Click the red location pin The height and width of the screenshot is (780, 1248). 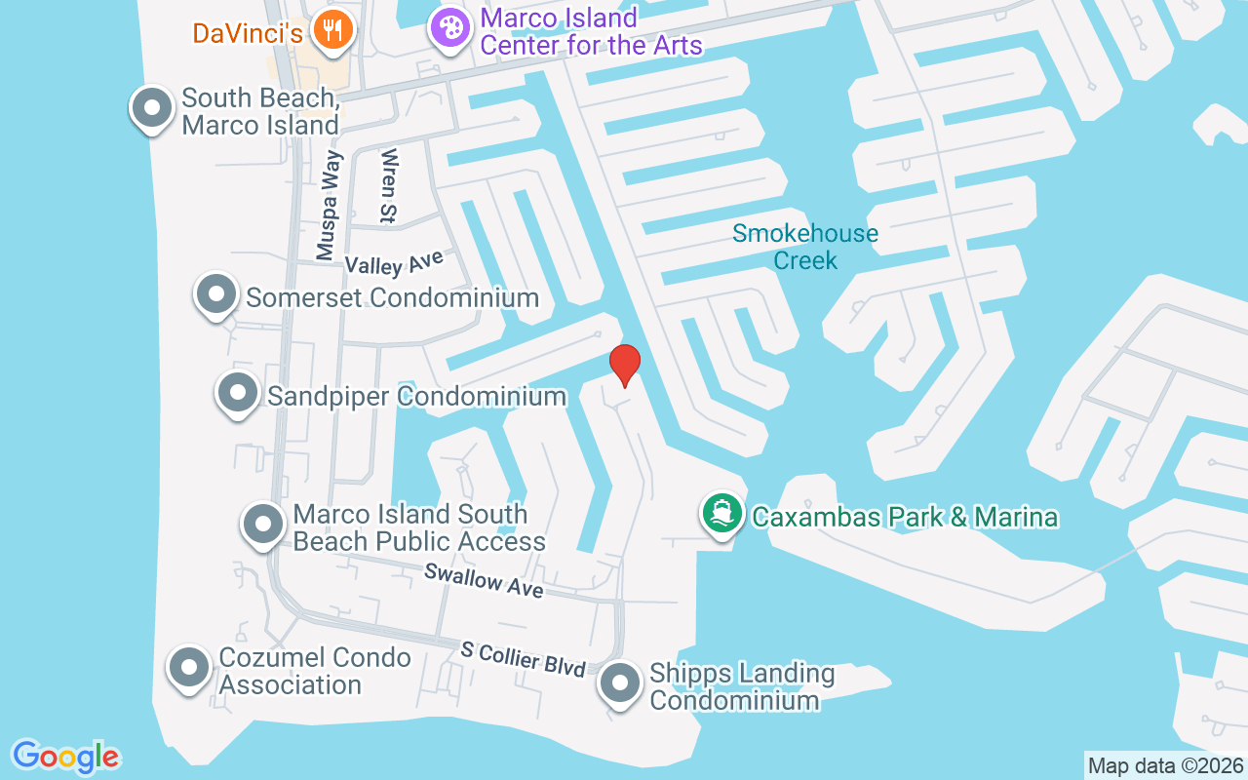coord(624,364)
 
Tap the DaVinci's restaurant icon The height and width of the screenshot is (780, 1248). coord(333,29)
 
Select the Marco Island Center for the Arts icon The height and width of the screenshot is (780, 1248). coord(449,28)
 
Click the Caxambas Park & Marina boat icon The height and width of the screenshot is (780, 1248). coord(721,513)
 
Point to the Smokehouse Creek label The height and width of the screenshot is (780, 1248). coord(805,247)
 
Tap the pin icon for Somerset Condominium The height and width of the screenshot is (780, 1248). coord(216,293)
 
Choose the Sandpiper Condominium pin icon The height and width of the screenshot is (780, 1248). coord(237,393)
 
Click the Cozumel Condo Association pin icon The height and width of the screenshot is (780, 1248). coord(189,669)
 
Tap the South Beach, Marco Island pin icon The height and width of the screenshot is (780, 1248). coord(152,107)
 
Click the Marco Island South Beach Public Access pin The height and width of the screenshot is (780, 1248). coord(262,525)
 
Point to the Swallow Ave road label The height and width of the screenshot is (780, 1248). coord(484,581)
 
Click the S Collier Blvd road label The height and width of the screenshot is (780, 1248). coord(524,660)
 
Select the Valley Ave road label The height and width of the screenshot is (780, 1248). coord(394,261)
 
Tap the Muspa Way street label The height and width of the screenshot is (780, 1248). coord(329,206)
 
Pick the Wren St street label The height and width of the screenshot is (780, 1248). coord(389,185)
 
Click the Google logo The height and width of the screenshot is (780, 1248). coord(65,757)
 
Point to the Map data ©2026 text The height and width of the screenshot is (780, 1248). coord(1165,765)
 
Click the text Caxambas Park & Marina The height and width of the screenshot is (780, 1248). coord(904,516)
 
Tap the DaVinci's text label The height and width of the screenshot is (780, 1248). coord(247,33)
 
